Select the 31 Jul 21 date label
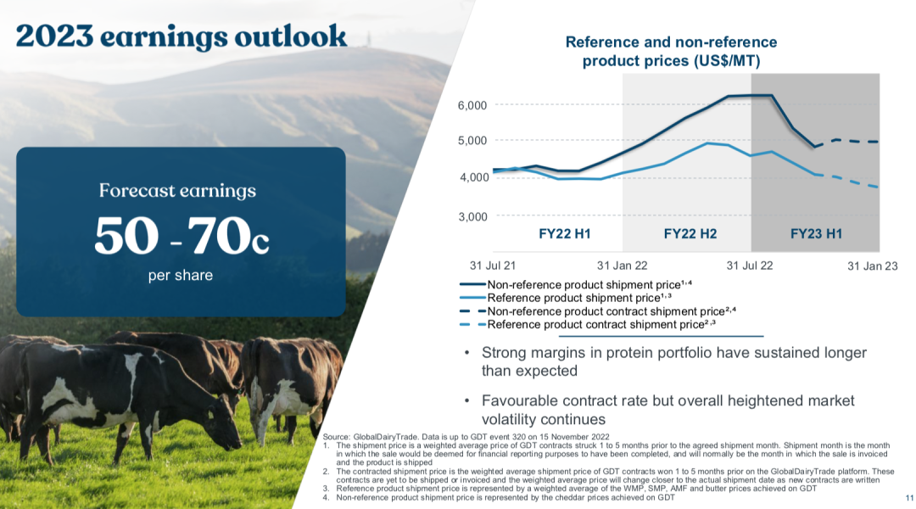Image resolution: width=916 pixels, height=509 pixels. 494,266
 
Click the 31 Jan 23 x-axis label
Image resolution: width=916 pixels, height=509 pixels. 872,266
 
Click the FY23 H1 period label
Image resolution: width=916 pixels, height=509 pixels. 816,232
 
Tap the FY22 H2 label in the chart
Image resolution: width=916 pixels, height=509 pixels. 690,232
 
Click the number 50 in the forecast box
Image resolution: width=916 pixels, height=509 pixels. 123,236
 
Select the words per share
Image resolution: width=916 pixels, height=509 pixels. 181,276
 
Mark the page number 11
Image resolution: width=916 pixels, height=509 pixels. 905,498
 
